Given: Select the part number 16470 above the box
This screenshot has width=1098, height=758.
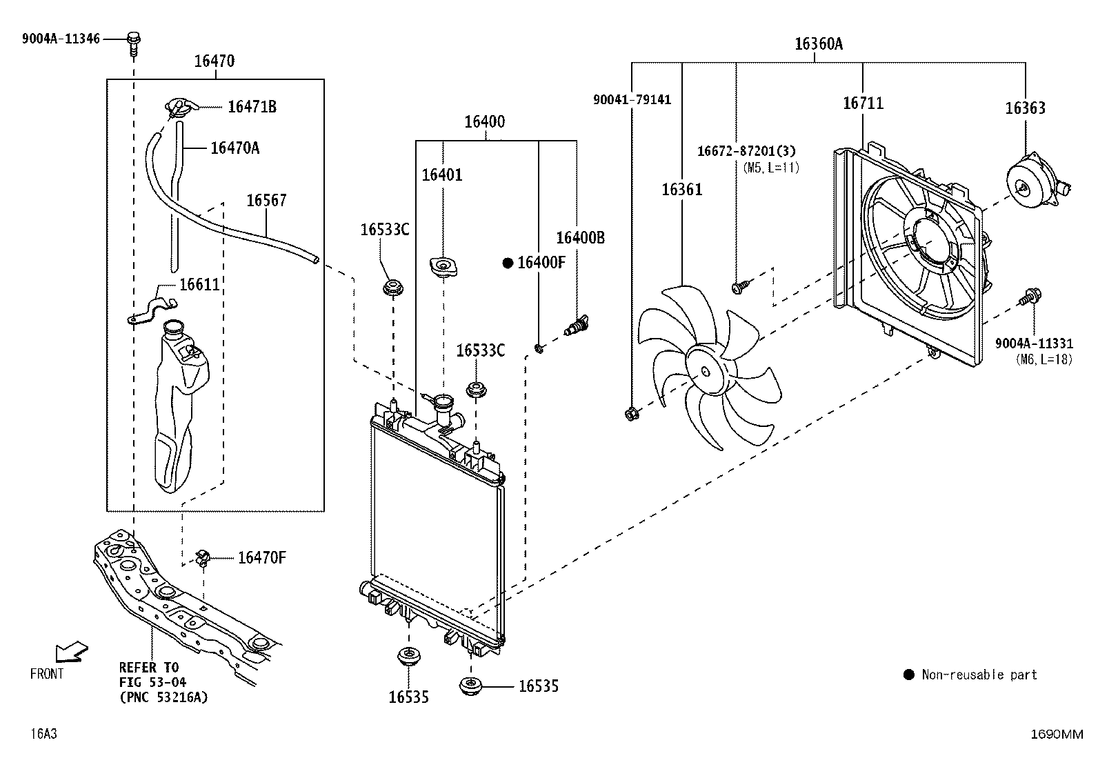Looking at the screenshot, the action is click(214, 61).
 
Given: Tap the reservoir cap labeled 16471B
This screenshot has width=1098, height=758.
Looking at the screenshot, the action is click(180, 108).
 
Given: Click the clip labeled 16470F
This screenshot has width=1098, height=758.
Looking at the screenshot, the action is click(203, 558).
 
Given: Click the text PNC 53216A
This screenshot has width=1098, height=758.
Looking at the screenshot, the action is click(163, 697).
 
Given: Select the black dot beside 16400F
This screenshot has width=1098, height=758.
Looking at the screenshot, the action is click(508, 263).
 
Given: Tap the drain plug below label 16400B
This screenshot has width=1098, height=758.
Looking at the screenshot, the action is click(577, 325).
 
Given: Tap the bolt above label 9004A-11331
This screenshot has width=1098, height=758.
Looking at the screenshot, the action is click(1030, 297).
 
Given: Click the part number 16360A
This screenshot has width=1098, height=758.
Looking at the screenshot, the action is click(818, 44).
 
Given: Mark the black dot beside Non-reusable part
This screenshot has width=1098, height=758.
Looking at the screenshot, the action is click(909, 675).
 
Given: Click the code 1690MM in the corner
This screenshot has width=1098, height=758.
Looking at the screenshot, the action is click(1057, 734).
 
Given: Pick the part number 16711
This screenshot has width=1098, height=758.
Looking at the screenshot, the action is click(864, 103).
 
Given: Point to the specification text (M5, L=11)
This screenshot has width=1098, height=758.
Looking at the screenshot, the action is click(771, 168).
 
